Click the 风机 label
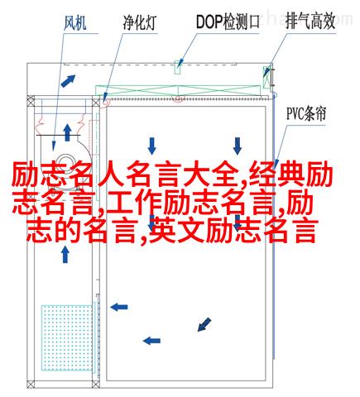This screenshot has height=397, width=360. click(75, 22)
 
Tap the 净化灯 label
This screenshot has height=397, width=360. click(140, 22)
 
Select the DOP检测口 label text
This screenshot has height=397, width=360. click(228, 22)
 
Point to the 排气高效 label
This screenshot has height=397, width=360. click(310, 22)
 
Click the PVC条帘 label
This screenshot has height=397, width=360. click(306, 114)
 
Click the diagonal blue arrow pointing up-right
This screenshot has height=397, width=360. click(68, 81)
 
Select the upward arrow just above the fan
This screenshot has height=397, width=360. click(67, 132)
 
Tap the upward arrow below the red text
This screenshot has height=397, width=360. click(65, 254)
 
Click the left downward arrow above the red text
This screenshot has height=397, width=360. click(151, 146)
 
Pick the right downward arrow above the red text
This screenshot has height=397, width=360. click(238, 146)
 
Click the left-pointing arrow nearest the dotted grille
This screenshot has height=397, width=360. click(119, 307)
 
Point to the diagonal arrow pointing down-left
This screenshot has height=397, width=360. click(204, 324)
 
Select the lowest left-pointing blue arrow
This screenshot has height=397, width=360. click(151, 341)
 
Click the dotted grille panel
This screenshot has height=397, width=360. click(67, 337)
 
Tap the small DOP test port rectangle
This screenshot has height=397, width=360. click(177, 67)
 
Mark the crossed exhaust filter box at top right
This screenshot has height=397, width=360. click(267, 77)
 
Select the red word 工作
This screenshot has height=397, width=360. click(134, 203)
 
